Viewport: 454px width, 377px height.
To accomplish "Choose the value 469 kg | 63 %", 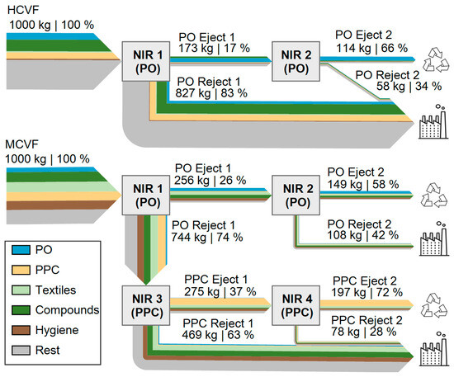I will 220,336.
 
